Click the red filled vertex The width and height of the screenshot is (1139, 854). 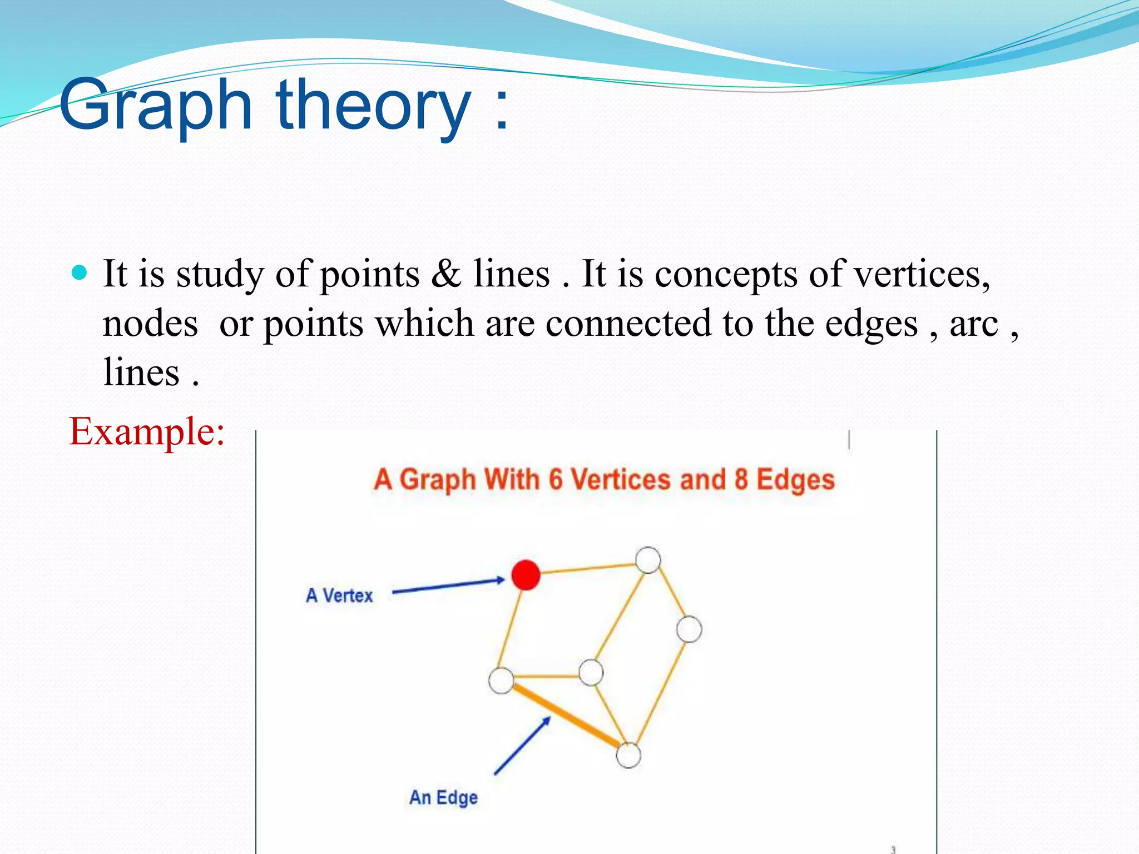pos(526,575)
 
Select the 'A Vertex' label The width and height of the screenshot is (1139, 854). pos(339,595)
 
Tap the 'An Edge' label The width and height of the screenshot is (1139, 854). pos(443,797)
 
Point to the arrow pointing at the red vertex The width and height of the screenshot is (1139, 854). pos(448,586)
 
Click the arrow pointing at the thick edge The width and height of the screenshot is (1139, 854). pos(522,746)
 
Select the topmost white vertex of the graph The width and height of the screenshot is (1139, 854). pos(648,560)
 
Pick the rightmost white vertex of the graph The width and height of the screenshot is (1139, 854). pos(689,629)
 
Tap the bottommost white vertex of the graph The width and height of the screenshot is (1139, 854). pos(628,756)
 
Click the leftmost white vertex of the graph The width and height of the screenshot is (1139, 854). pos(501,681)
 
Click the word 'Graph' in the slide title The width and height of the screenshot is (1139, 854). pos(156,106)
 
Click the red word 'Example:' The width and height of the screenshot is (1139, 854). pos(147,431)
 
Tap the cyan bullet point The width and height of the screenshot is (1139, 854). pos(80,272)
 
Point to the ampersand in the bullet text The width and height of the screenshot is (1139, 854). pos(446,274)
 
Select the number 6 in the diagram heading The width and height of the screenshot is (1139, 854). pos(555,479)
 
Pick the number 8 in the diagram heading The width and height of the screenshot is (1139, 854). pos(740,479)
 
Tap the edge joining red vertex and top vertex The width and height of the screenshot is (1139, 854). pos(587,568)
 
